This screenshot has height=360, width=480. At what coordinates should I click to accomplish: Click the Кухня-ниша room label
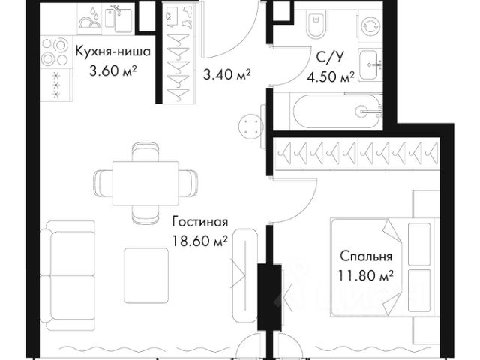click(x=113, y=52)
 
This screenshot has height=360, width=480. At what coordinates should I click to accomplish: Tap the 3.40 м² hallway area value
click(x=226, y=74)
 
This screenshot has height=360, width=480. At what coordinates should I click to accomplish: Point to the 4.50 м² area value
click(x=331, y=77)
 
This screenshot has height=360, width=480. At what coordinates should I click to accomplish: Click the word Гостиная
click(x=200, y=222)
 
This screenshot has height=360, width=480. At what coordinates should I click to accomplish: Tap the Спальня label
click(x=366, y=256)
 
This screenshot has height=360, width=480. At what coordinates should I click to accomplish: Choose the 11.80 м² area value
click(x=366, y=275)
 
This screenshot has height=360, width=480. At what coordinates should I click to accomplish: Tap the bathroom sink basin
click(x=370, y=65)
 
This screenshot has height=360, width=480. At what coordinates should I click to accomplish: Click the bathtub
click(x=336, y=112)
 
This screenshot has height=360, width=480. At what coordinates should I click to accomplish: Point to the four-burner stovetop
click(x=55, y=52)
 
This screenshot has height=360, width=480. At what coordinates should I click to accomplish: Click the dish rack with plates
click(x=90, y=19)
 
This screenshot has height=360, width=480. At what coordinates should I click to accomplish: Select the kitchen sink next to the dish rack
click(x=118, y=19)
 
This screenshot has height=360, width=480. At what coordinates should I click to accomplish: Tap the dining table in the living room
click(x=145, y=183)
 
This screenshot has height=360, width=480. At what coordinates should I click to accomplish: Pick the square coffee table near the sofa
click(x=146, y=275)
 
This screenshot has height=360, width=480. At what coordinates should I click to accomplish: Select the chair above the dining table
click(x=145, y=151)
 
